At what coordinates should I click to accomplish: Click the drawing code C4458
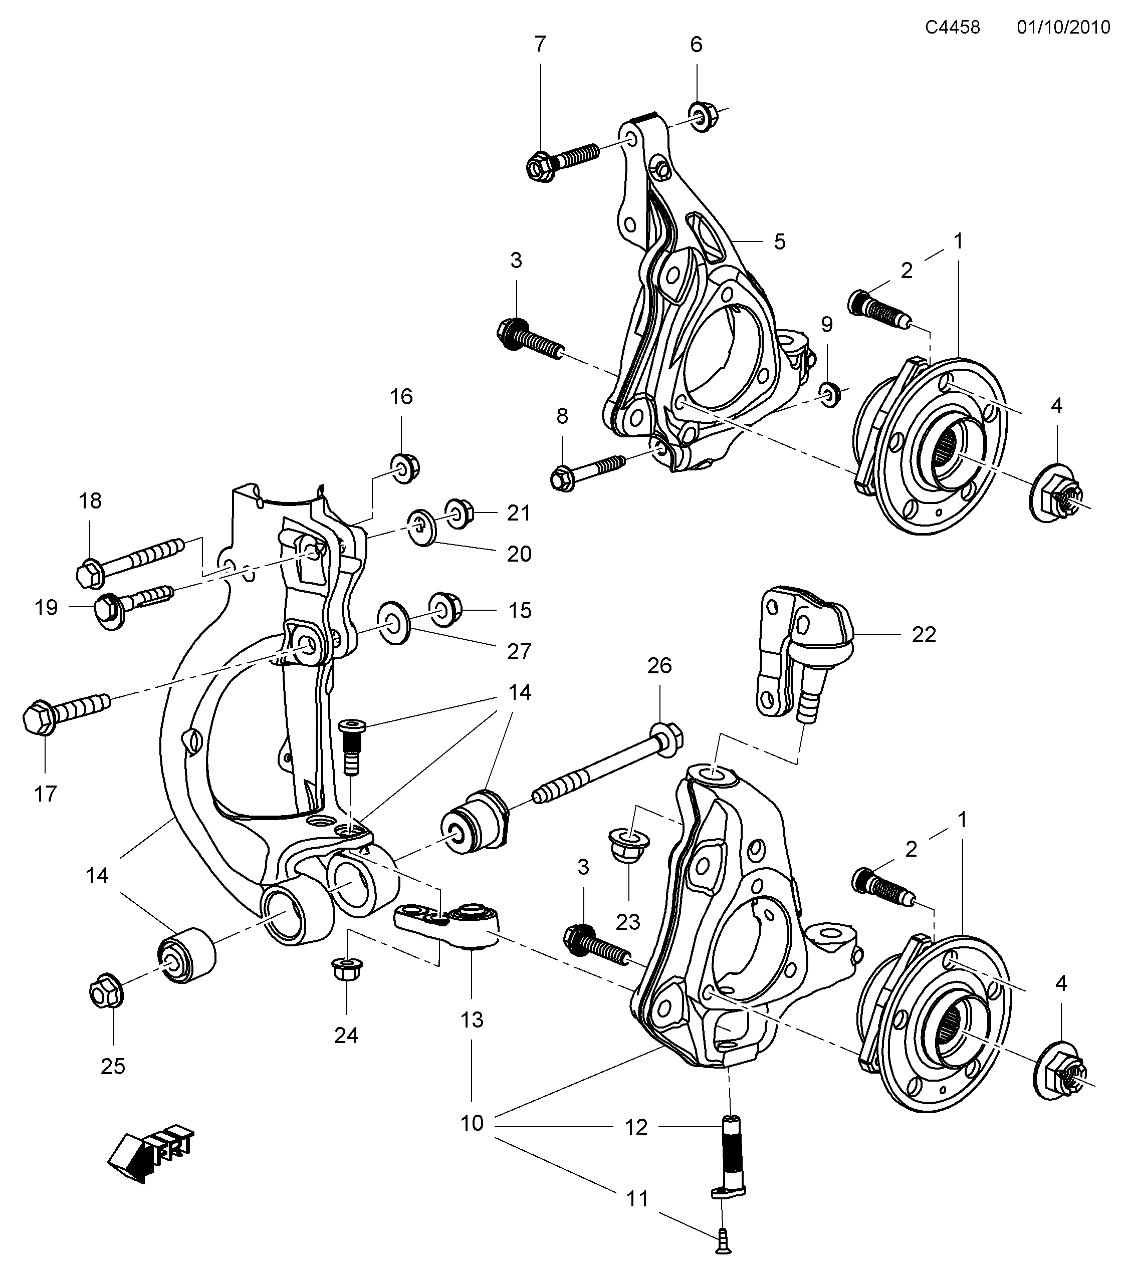point(952,27)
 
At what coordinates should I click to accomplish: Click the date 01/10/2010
point(1063,27)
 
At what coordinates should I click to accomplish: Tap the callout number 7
point(540,45)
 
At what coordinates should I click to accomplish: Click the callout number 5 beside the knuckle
point(779,241)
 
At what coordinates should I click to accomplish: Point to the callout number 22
point(924,635)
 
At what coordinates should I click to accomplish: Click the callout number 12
point(636,1127)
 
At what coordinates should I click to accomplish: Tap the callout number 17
point(45,794)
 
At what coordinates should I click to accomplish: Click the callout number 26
point(659,666)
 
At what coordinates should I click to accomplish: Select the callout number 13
point(472,1020)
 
